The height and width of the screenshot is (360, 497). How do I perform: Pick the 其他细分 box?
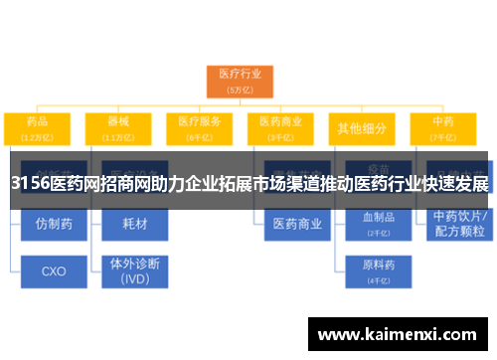(363, 127)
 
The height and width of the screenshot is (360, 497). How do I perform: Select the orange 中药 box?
(443, 127)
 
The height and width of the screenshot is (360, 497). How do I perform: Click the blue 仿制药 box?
(54, 224)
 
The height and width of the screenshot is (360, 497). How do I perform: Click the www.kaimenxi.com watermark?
(397, 333)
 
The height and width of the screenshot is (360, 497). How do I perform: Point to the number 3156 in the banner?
(31, 184)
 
